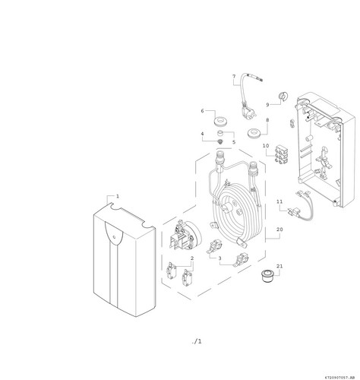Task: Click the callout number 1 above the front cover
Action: pyautogui.click(x=118, y=196)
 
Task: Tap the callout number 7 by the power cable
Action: pyautogui.click(x=234, y=76)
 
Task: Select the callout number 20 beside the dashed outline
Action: pyautogui.click(x=279, y=230)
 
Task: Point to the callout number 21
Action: pyautogui.click(x=279, y=266)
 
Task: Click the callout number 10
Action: pyautogui.click(x=266, y=146)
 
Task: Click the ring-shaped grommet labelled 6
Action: pyautogui.click(x=221, y=121)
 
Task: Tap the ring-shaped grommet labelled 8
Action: pyautogui.click(x=254, y=133)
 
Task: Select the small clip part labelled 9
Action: pyautogui.click(x=283, y=97)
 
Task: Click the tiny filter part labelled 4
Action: pyautogui.click(x=221, y=141)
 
